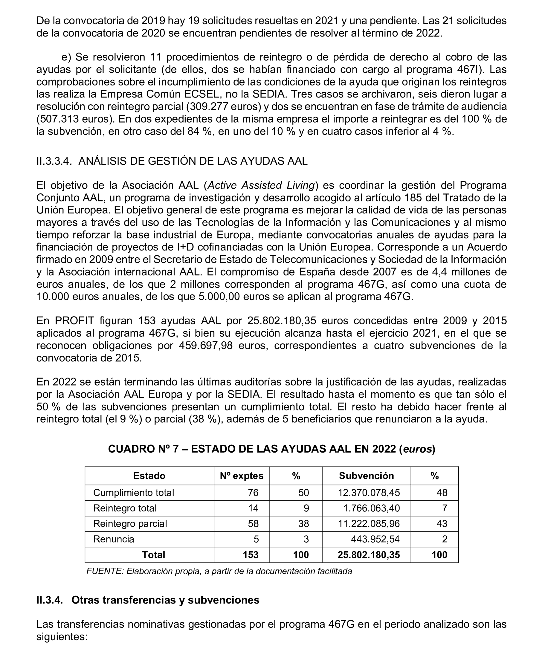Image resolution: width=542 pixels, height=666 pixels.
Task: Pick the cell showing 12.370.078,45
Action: (x=368, y=493)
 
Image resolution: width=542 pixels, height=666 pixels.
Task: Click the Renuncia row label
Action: (x=114, y=539)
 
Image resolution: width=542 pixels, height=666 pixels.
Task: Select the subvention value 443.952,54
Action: (x=375, y=539)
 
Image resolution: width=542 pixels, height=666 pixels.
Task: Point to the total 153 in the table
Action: (x=250, y=555)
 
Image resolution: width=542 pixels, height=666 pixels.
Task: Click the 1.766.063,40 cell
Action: (x=371, y=508)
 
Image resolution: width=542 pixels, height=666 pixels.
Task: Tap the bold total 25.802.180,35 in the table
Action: (x=368, y=555)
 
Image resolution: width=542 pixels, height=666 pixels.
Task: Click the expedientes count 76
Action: (x=253, y=493)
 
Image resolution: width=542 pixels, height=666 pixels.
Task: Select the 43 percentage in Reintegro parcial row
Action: (x=442, y=524)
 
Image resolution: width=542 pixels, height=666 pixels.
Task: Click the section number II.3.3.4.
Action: (x=54, y=161)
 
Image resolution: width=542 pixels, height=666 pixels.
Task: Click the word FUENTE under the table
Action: (x=105, y=571)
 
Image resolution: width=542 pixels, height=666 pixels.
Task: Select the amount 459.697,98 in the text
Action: (x=205, y=345)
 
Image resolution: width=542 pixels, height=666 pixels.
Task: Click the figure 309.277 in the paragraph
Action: (x=206, y=106)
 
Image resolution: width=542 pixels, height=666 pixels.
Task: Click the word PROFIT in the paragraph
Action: (x=75, y=321)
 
